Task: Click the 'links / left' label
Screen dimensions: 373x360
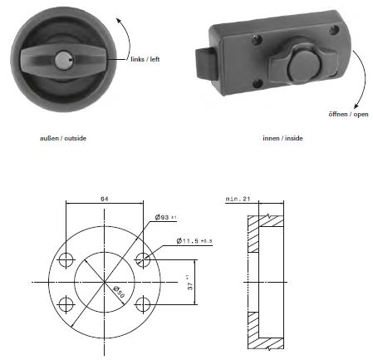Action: [x=145, y=59]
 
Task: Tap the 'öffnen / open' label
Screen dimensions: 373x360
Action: [x=348, y=114]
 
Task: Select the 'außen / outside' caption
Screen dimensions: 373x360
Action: [x=63, y=138]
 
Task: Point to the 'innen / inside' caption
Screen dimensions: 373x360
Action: [x=282, y=138]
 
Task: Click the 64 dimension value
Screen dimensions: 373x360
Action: [x=105, y=199]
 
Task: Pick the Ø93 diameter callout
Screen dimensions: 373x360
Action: [x=165, y=217]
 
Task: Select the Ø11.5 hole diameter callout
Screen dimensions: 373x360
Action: [x=194, y=241]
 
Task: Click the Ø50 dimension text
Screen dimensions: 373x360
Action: [x=119, y=292]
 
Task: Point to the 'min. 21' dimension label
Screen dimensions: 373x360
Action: [x=238, y=199]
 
